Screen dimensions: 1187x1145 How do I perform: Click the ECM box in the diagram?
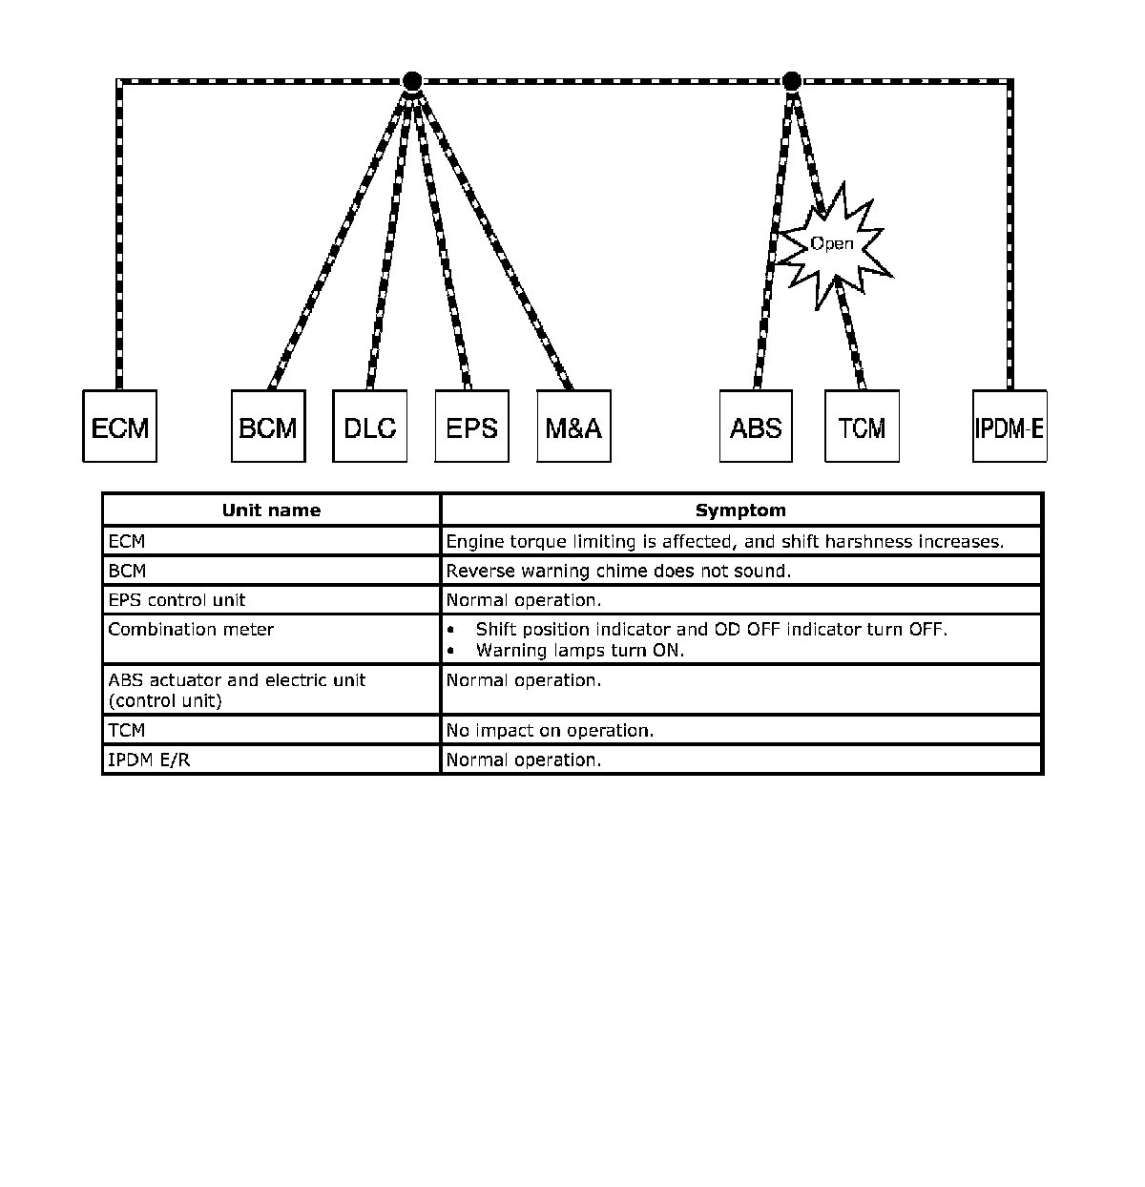[120, 427]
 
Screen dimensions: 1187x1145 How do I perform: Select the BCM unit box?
[268, 427]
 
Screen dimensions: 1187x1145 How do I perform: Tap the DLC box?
[370, 427]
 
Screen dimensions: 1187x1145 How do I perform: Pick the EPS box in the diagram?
[471, 427]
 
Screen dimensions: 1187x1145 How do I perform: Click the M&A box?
[573, 427]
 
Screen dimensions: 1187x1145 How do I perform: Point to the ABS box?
[756, 427]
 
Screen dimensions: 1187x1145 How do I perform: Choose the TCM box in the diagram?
[862, 427]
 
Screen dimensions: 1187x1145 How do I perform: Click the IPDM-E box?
[1010, 427]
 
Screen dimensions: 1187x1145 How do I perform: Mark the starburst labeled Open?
[833, 244]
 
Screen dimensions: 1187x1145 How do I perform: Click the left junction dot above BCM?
[411, 81]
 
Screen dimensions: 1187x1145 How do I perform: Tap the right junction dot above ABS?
[791, 81]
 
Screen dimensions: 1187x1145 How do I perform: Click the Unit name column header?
[271, 510]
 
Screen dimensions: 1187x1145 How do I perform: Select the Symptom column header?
[740, 510]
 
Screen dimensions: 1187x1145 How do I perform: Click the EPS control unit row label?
[177, 600]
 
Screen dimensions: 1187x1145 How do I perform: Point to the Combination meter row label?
[191, 630]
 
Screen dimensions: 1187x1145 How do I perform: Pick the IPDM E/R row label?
[149, 760]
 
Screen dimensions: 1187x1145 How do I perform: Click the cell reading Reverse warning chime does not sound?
[618, 572]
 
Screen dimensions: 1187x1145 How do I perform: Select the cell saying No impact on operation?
[550, 731]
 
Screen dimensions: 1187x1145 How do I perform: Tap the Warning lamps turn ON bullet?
[579, 651]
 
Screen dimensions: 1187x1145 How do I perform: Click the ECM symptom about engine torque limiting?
[725, 542]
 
